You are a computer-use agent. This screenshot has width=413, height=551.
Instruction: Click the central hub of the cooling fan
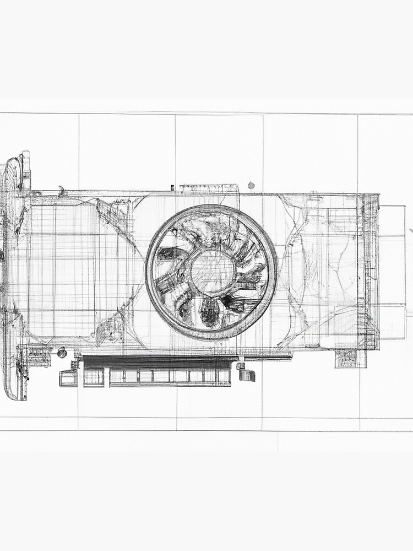[x=213, y=272]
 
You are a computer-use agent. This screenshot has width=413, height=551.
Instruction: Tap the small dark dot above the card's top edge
[x=251, y=185]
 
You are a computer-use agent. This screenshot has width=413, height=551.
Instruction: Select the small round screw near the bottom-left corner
[x=62, y=352]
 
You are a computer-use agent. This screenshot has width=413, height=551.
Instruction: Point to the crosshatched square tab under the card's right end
[x=351, y=358]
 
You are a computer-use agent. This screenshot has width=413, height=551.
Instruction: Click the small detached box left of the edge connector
[x=68, y=378]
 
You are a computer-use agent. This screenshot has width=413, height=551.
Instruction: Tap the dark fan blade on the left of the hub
[x=168, y=254]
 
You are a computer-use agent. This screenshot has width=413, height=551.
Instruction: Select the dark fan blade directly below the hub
[x=210, y=311]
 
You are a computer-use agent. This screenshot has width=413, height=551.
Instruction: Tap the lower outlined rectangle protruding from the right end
[x=392, y=322]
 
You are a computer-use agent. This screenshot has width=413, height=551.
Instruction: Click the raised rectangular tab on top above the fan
[x=209, y=188]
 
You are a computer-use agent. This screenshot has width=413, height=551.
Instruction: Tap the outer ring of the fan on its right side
[x=273, y=272]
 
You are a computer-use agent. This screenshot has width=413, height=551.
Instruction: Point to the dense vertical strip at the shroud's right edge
[x=369, y=270]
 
